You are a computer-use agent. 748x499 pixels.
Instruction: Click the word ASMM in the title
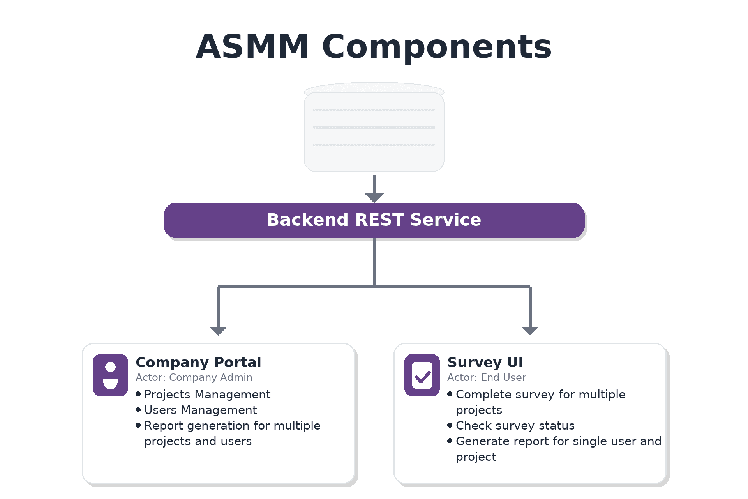252,46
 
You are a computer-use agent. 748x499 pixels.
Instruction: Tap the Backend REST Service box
374,220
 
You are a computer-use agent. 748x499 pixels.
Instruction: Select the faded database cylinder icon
374,127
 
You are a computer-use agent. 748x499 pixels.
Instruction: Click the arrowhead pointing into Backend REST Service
374,198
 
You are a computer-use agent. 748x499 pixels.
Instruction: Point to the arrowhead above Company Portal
218,331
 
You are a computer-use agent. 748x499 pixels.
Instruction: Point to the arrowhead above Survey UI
530,331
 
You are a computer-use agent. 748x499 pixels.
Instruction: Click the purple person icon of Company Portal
110,375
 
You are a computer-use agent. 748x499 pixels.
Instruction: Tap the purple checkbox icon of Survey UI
422,375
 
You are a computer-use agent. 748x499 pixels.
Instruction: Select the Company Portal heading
198,363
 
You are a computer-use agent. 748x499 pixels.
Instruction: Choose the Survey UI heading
485,363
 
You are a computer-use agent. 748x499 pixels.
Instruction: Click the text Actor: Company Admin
194,377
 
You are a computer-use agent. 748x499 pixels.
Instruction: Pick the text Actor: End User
487,377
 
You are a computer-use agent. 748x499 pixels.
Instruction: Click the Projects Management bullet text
207,395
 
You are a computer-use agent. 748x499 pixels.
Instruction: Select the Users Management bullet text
201,410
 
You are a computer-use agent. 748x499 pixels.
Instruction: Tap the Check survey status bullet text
515,426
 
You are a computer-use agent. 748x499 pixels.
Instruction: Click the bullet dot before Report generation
138,425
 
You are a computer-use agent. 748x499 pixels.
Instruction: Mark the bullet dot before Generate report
450,441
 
